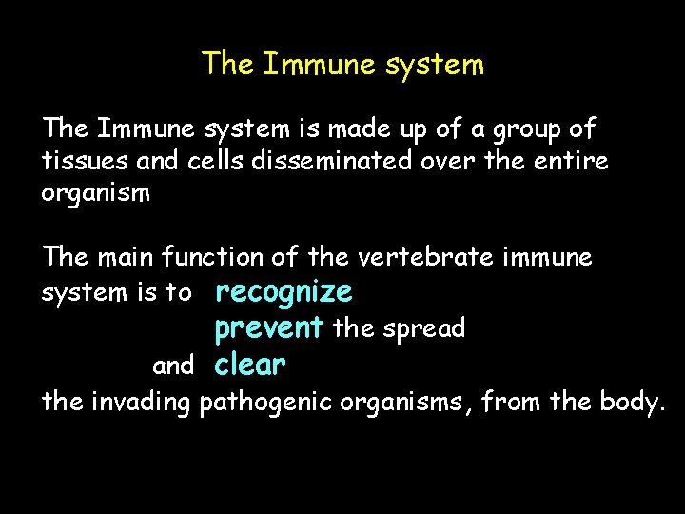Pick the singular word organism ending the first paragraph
pyautogui.click(x=95, y=194)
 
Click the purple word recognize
pyautogui.click(x=284, y=291)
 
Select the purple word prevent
pyautogui.click(x=269, y=328)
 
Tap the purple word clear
pyautogui.click(x=250, y=365)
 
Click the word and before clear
pyautogui.click(x=173, y=366)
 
